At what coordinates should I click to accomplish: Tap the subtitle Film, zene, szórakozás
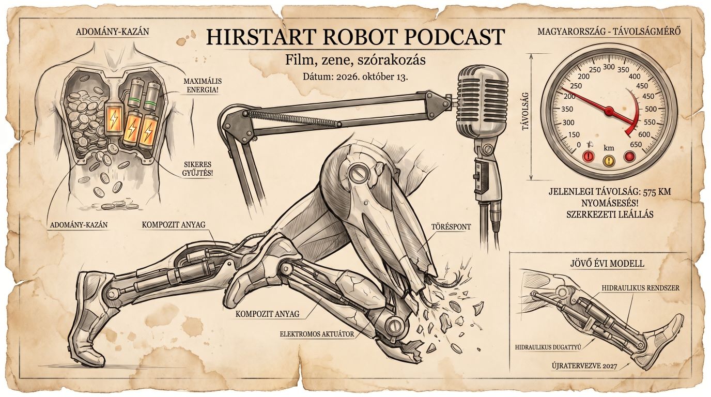pos(355,60)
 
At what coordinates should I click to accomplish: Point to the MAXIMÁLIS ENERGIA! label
pos(203,85)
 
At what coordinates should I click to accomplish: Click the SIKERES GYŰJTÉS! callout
pos(197,169)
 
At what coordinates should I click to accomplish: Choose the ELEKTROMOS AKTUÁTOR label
pos(317,334)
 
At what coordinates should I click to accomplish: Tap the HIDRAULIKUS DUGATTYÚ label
pos(548,347)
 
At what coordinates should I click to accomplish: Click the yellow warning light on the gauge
pos(609,160)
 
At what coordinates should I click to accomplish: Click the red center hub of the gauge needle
pos(609,111)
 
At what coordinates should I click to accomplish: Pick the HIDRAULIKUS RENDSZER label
pos(641,288)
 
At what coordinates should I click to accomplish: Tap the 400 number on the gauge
pos(635,76)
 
